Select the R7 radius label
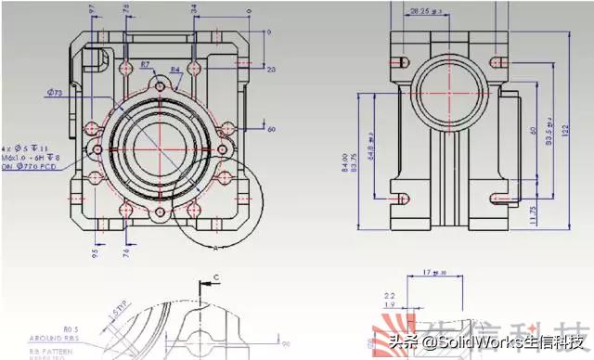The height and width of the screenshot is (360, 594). (x=146, y=64)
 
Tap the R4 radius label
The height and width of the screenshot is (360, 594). (x=175, y=71)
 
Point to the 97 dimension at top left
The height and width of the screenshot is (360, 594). (x=91, y=9)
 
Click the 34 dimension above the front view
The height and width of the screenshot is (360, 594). (x=193, y=9)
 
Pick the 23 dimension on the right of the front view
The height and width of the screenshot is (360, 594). (x=271, y=70)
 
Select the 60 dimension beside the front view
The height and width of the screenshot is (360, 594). (x=271, y=128)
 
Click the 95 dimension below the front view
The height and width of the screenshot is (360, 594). (x=95, y=251)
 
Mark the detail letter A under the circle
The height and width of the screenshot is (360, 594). (x=215, y=249)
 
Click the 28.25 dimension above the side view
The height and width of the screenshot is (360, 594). (x=424, y=11)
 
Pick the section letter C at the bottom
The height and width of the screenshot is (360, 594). (x=216, y=276)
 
